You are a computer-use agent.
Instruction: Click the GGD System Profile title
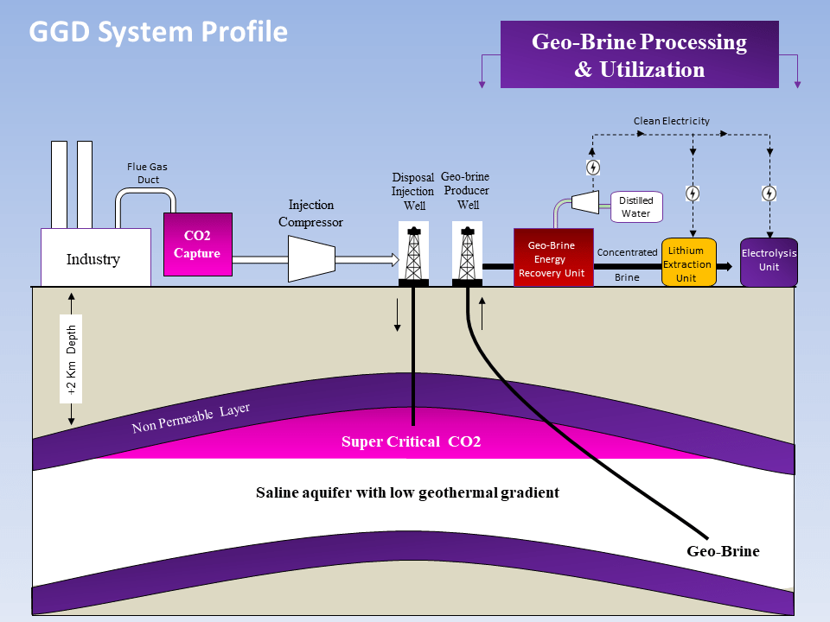pos(158,32)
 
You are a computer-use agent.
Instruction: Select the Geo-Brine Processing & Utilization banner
pos(639,55)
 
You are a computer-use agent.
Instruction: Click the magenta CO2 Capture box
pos(198,244)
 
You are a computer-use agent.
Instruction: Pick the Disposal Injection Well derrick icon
pos(414,254)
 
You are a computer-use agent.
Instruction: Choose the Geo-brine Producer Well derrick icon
pos(467,254)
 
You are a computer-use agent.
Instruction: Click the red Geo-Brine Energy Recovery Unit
pos(553,257)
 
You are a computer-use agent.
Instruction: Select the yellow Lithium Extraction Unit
pos(689,263)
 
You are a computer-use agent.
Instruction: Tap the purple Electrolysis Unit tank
pos(769,262)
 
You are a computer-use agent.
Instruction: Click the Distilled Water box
pos(636,206)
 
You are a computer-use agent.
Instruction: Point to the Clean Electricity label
pos(671,121)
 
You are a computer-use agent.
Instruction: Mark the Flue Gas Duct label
pos(143,174)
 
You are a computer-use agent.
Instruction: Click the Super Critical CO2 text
pos(411,442)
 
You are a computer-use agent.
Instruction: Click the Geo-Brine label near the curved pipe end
pos(723,550)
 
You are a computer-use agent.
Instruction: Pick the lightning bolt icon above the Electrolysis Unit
pos(769,194)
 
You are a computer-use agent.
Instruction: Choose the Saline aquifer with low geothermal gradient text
pos(407,492)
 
